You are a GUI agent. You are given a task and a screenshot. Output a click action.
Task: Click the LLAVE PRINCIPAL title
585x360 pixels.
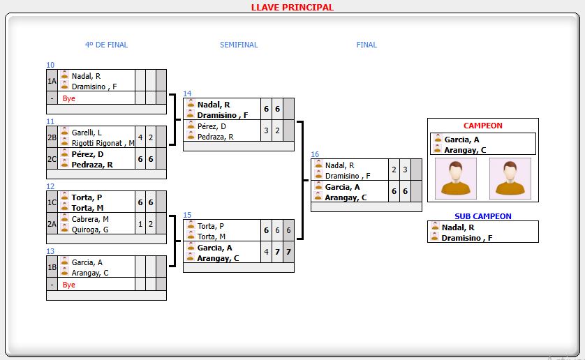tap(292, 8)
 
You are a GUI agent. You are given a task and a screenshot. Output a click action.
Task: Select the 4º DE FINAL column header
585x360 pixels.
tap(106, 45)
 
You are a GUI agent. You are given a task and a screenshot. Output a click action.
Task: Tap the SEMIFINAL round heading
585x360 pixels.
tap(239, 45)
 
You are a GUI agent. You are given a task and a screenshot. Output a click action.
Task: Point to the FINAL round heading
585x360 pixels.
tap(366, 45)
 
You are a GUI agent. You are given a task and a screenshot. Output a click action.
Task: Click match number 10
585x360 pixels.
tap(50, 65)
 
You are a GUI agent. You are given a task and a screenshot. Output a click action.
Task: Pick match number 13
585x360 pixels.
tap(50, 251)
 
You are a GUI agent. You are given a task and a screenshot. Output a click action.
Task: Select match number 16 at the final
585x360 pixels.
tap(315, 154)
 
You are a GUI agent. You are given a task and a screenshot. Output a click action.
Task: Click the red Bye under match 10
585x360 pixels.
tap(69, 98)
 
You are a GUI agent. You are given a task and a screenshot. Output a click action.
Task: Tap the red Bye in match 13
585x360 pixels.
tap(69, 285)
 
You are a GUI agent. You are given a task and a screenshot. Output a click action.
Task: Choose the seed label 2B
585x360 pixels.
tap(52, 137)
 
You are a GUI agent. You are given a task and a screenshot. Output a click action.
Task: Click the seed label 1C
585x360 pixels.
tap(52, 202)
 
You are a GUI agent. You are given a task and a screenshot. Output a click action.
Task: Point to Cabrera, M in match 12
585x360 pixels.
tap(90, 219)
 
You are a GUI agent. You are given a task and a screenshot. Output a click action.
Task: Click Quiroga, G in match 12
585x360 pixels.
tap(90, 230)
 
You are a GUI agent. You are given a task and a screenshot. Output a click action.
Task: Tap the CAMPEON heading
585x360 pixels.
tap(482, 126)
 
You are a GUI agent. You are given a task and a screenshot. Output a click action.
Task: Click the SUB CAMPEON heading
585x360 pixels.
tap(482, 216)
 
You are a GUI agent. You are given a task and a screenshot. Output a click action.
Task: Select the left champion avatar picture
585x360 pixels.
tap(456, 178)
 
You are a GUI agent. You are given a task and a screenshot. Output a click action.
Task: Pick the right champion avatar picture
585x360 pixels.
tap(510, 178)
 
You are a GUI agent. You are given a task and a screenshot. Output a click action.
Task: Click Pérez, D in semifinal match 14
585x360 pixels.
tap(212, 126)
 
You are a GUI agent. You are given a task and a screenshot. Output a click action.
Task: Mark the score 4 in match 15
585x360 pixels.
tap(266, 252)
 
